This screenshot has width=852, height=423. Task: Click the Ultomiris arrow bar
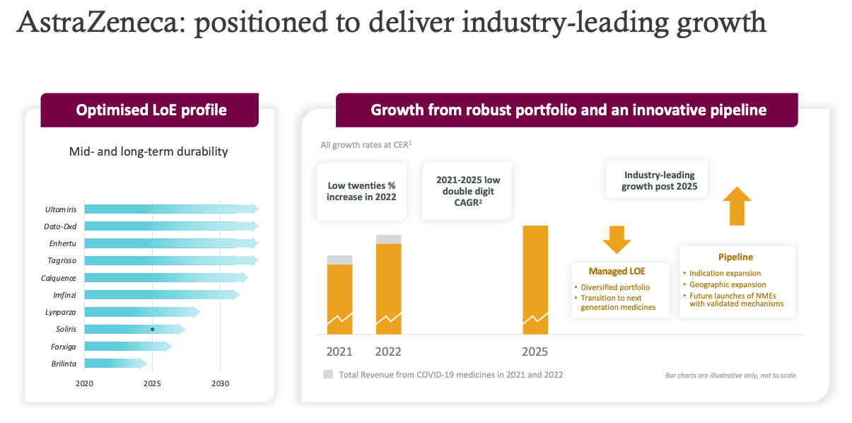pos(170,209)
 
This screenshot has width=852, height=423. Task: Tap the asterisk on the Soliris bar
pos(152,330)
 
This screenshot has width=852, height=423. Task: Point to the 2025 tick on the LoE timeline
pos(152,383)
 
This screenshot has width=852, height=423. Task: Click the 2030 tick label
pos(220,383)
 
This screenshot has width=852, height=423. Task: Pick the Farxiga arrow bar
pos(127,347)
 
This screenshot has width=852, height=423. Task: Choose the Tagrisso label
pos(62,261)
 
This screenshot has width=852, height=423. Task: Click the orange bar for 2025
pos(535,279)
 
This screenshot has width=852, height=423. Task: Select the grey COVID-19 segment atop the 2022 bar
pos(388,239)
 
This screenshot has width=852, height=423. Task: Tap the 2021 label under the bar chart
pos(339,352)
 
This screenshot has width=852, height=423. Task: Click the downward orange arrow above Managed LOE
pos(617,240)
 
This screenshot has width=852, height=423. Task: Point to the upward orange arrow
pos(737,206)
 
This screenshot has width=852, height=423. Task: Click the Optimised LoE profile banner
pos(151,110)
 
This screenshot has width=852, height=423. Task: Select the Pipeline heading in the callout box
pos(735,257)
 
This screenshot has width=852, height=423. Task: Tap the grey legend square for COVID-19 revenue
pos(328,374)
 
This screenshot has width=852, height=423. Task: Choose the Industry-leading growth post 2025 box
pos(658,180)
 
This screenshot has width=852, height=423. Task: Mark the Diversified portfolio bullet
pos(614,287)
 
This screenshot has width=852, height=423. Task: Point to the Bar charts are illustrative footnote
pos(730,375)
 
